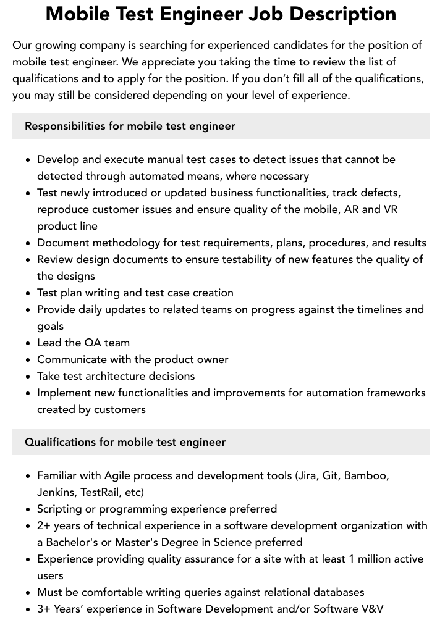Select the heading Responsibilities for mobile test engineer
(x=130, y=126)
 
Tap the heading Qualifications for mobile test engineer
(x=125, y=442)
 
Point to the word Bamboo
(x=367, y=475)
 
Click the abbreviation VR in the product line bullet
(x=391, y=209)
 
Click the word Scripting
(x=59, y=509)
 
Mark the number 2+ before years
(x=44, y=525)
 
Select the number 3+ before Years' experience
(x=44, y=609)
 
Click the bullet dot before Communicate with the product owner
(x=28, y=360)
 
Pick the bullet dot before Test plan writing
(x=28, y=293)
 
